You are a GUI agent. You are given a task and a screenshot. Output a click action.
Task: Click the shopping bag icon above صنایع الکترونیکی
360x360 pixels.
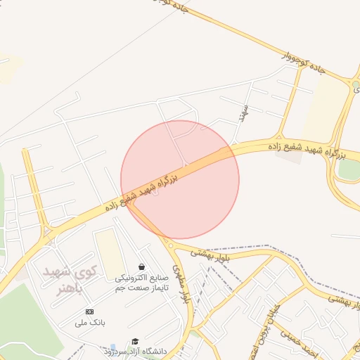(x=143, y=267)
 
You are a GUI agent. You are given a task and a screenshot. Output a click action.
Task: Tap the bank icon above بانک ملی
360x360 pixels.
(x=89, y=311)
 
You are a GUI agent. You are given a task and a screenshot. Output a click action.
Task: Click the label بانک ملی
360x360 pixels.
(x=89, y=323)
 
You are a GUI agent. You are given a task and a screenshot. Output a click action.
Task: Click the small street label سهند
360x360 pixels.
(x=244, y=112)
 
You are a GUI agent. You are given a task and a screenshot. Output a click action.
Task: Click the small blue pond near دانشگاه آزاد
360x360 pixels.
(x=112, y=347)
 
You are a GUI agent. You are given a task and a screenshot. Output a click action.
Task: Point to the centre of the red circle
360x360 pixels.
(x=180, y=180)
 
